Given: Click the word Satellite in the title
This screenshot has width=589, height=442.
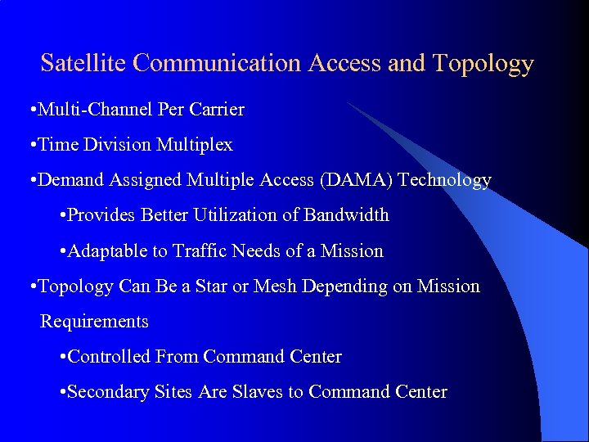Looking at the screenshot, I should (x=77, y=63).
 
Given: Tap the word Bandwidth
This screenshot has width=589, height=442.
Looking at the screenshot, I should (x=346, y=215).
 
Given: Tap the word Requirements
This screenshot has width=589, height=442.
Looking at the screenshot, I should (x=94, y=322).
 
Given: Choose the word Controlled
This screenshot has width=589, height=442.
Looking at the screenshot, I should (x=110, y=357).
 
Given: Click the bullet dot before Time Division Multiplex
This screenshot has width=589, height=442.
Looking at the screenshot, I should (x=31, y=146).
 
